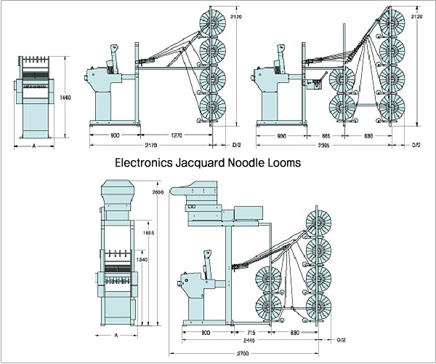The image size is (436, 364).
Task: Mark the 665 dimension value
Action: point(329,135)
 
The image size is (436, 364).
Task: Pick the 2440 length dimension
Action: point(248,340)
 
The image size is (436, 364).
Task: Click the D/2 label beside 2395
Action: point(416,146)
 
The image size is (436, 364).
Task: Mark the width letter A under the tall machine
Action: point(116,336)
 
